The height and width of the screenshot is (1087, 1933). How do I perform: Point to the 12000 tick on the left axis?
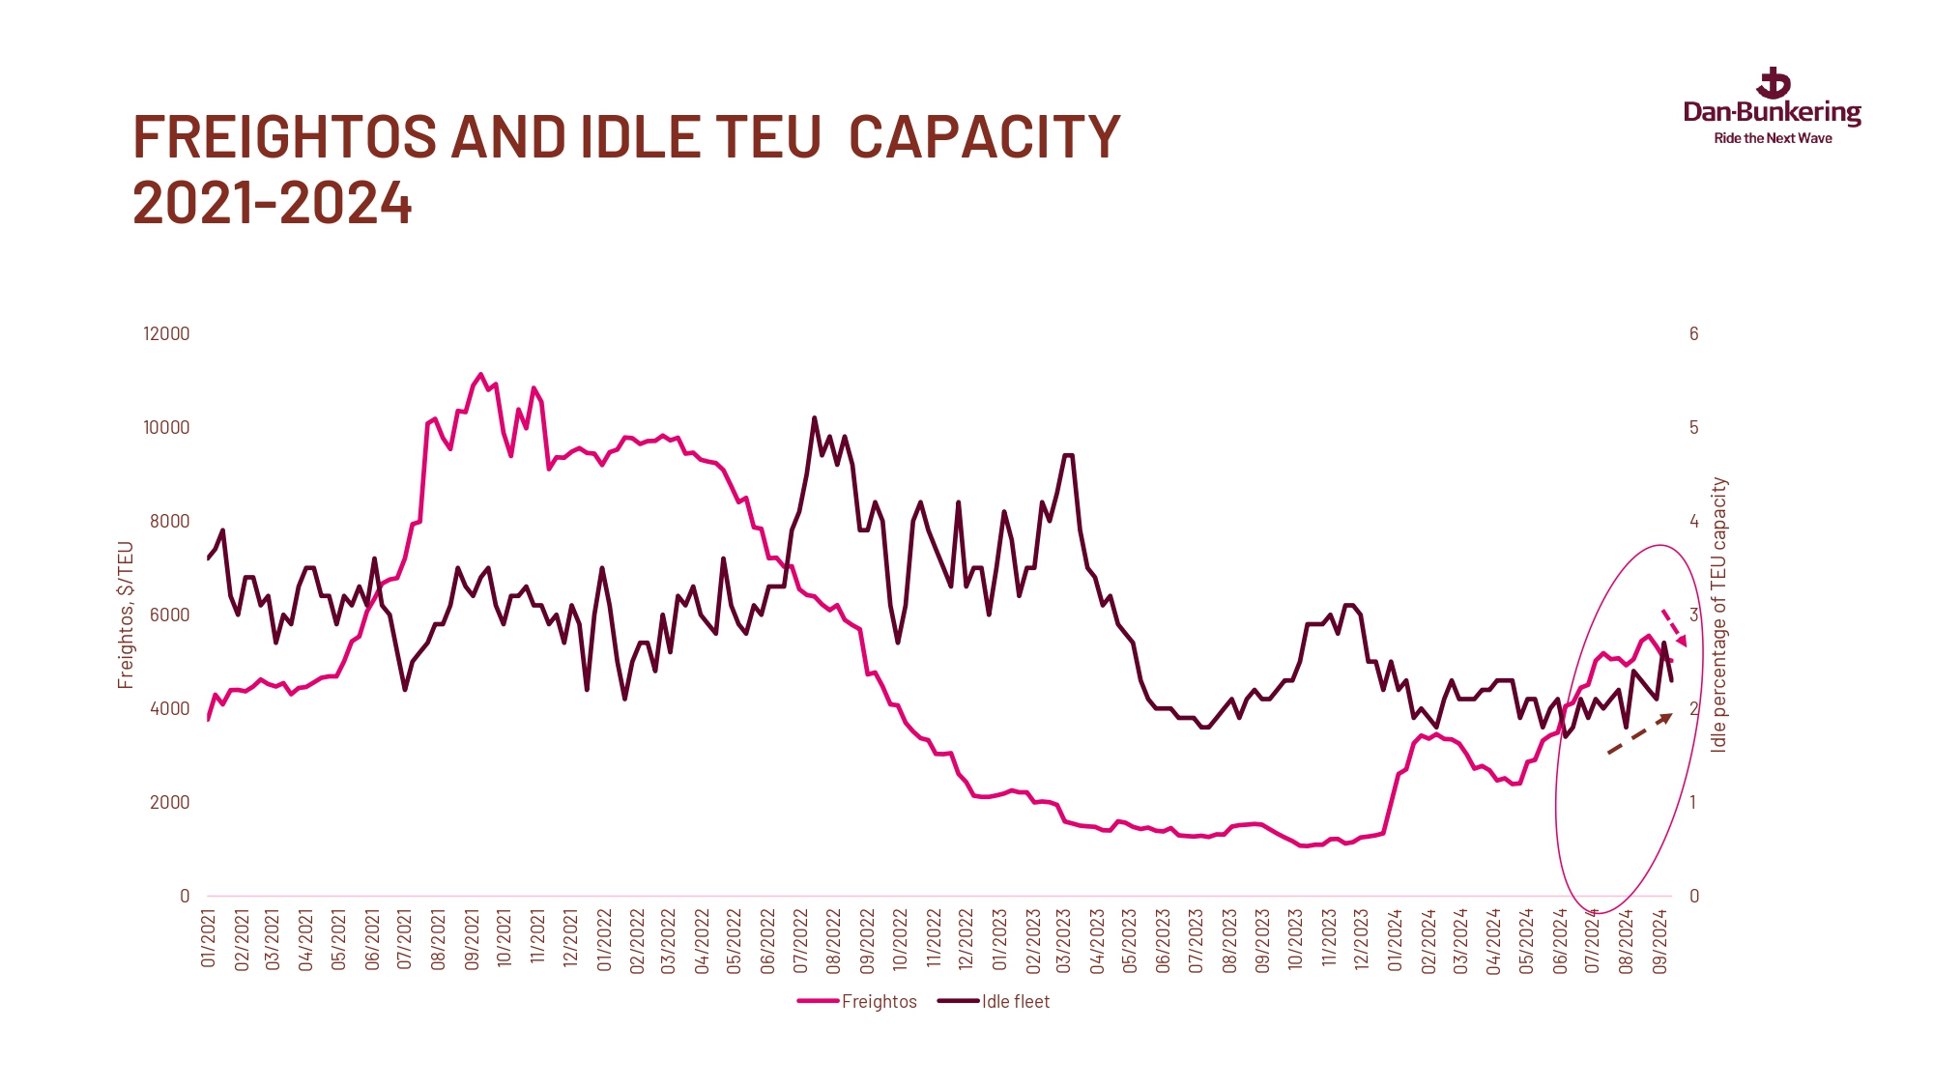[166, 334]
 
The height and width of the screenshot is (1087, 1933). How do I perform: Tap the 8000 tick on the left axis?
[170, 522]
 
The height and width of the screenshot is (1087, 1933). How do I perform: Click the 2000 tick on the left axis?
[170, 803]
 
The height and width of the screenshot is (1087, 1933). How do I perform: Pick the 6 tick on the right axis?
[1693, 334]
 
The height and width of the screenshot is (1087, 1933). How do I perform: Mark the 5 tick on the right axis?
[1693, 428]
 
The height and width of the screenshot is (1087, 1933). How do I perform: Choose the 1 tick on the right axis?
[1693, 803]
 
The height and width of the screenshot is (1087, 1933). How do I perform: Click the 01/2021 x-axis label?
[209, 939]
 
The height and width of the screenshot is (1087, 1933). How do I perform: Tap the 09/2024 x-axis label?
[1660, 939]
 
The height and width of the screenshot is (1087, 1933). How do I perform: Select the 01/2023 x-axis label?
[999, 939]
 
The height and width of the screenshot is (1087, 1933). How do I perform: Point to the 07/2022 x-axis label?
[801, 939]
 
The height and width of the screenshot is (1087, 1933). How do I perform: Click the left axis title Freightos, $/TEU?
[126, 615]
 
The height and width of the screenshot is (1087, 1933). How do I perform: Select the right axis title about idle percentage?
[1718, 615]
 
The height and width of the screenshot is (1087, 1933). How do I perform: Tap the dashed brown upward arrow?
[1640, 733]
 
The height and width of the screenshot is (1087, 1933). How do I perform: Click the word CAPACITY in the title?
[984, 137]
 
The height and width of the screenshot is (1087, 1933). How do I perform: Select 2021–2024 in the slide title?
[273, 204]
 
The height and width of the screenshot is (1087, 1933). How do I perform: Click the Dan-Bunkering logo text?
[1772, 112]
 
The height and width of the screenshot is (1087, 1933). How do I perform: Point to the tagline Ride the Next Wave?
[1773, 139]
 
